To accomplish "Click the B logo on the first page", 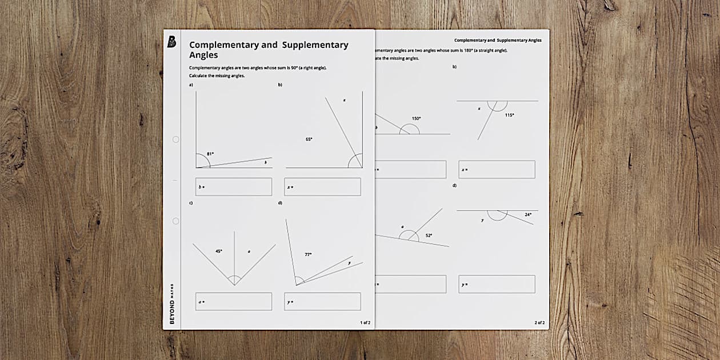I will click(x=171, y=42).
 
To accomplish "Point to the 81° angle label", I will click(x=210, y=154).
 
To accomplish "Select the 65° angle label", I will click(x=309, y=139).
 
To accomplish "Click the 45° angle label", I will click(x=218, y=251).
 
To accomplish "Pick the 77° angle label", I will click(x=308, y=254).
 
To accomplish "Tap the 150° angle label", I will click(x=416, y=118).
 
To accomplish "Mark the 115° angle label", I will click(x=509, y=115).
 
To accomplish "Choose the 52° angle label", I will click(x=429, y=235).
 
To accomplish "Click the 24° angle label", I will click(x=528, y=214).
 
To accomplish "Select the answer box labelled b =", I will click(x=234, y=187).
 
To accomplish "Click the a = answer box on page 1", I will click(x=234, y=301).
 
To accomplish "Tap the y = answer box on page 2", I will click(x=497, y=284).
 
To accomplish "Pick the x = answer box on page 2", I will click(x=497, y=169).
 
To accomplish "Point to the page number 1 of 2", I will click(x=365, y=322).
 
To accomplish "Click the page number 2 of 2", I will click(x=539, y=322).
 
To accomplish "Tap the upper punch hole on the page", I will click(x=175, y=139).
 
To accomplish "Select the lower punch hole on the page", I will click(x=175, y=221).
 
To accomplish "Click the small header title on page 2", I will click(x=498, y=40).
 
